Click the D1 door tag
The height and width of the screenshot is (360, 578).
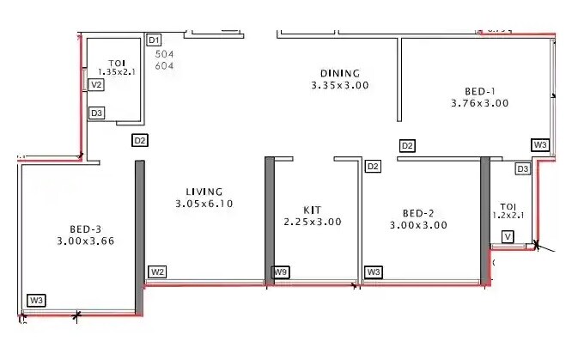pos(155,40)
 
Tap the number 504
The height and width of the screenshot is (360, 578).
pos(164,54)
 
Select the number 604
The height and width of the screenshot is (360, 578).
pos(164,65)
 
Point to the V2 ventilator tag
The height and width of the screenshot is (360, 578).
pos(97,85)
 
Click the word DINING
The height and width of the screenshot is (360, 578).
pos(340,73)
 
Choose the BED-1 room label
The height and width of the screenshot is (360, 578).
pos(479,90)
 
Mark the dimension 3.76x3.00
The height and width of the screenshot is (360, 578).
pos(479,103)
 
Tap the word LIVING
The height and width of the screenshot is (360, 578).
pos(204,192)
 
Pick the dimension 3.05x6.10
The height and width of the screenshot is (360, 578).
pos(204,204)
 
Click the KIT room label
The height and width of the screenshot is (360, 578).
pos(312,209)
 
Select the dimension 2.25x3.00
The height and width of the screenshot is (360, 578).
pos(313,222)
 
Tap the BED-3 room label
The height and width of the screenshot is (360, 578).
pos(86,229)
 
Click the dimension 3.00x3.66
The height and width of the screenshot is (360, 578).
pos(86,241)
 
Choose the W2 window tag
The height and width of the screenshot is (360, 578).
pos(157,272)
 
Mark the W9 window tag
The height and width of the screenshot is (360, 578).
pos(281,272)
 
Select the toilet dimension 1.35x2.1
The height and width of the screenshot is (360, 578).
pos(117,72)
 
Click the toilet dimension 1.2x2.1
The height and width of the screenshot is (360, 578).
pos(508,217)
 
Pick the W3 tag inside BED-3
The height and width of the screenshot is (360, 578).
pos(36,301)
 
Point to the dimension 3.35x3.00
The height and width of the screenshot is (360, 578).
pos(340,85)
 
